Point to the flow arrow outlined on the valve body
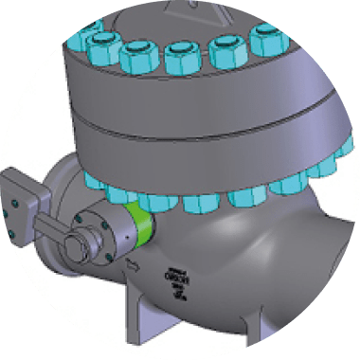[x=135, y=261]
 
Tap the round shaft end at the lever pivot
[x=78, y=249]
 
